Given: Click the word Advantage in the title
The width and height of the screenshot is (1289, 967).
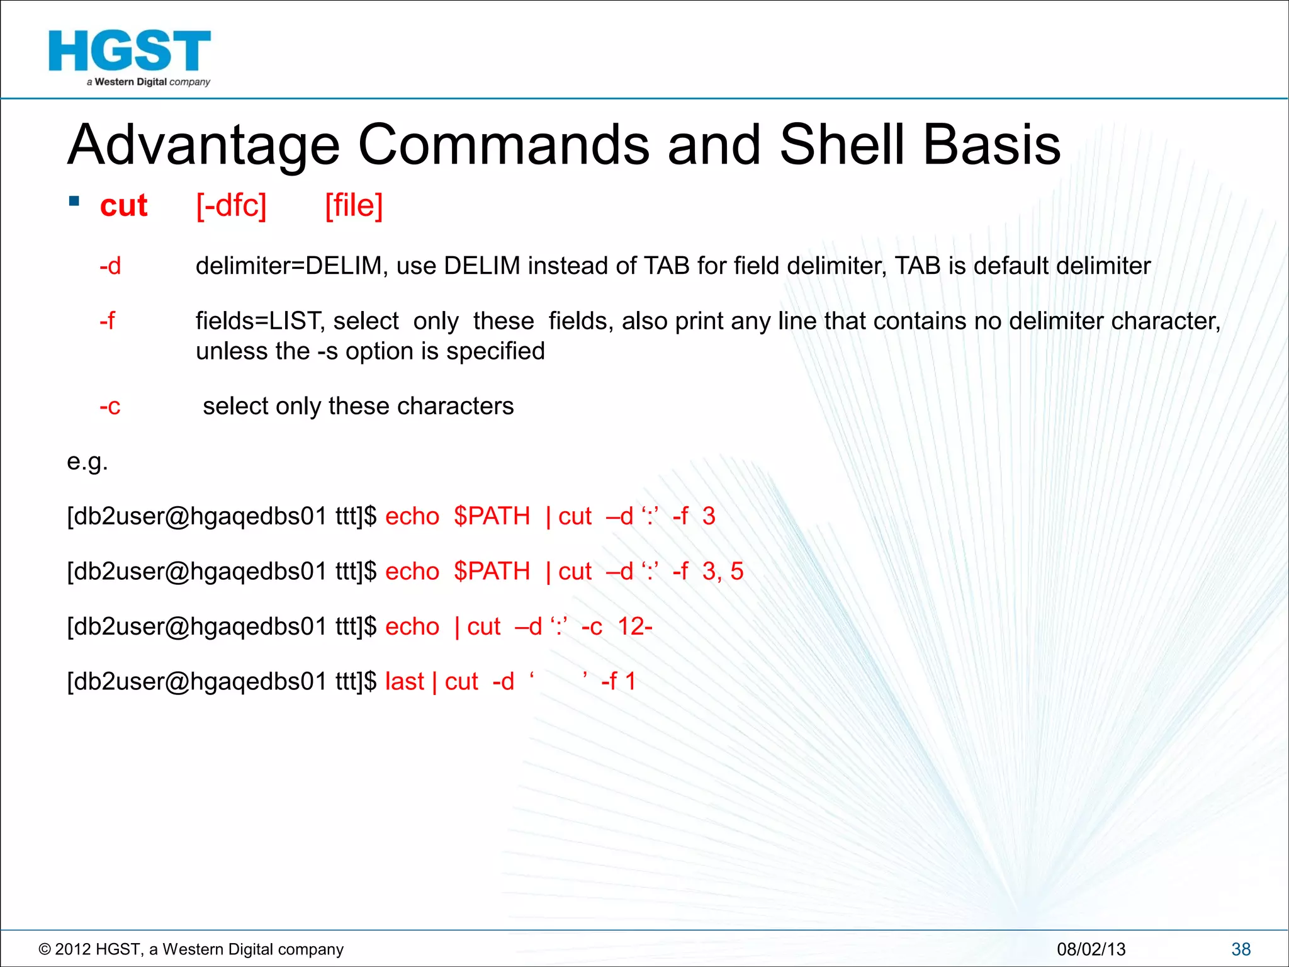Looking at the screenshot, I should pos(203,146).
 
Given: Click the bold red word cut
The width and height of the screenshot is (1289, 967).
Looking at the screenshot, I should pos(123,206).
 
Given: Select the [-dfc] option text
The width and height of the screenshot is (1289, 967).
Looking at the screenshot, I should pos(231,206).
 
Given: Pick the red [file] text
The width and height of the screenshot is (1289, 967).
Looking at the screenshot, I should pos(354,206).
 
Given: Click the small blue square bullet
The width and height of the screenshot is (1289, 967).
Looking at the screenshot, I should pos(74,201).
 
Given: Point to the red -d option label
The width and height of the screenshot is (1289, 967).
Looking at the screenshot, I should pos(110,266).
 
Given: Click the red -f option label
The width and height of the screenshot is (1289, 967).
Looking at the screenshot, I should pos(108,321).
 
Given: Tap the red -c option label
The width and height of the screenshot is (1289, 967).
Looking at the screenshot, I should pos(110,407).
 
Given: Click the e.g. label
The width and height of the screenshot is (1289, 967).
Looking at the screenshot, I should pos(87,462).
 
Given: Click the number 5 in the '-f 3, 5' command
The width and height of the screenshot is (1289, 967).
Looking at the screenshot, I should pos(737,572).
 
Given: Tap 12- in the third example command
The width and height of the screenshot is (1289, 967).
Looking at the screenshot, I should pos(634,626).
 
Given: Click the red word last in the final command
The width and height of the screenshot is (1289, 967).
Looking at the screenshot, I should pos(405,682).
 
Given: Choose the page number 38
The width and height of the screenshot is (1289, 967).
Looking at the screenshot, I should pos(1241,949).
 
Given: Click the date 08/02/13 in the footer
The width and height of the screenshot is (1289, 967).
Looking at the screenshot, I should pos(1091,949).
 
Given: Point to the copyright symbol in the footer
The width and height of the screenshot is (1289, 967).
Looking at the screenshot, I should pos(45,949).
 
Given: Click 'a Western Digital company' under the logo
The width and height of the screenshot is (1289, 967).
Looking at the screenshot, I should pos(149,82).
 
